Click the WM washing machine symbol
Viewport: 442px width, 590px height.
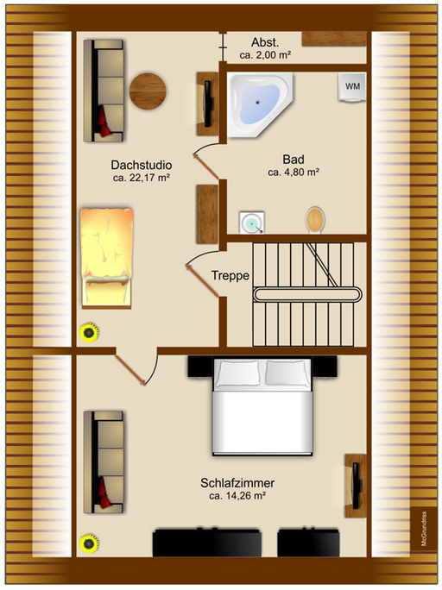point(352,87)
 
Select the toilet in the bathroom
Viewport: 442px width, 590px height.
point(316,219)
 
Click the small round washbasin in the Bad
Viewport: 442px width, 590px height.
point(251,223)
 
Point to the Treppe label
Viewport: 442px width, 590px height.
point(230,276)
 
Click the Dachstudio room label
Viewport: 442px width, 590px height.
point(141,165)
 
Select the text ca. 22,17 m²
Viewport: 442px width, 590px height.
point(141,179)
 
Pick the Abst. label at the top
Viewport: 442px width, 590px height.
point(265,42)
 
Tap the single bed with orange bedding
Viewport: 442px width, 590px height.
point(105,255)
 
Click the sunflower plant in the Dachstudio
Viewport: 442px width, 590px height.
point(87,331)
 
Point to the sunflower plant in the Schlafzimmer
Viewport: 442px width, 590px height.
point(87,543)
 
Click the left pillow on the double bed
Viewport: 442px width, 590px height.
point(237,373)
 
